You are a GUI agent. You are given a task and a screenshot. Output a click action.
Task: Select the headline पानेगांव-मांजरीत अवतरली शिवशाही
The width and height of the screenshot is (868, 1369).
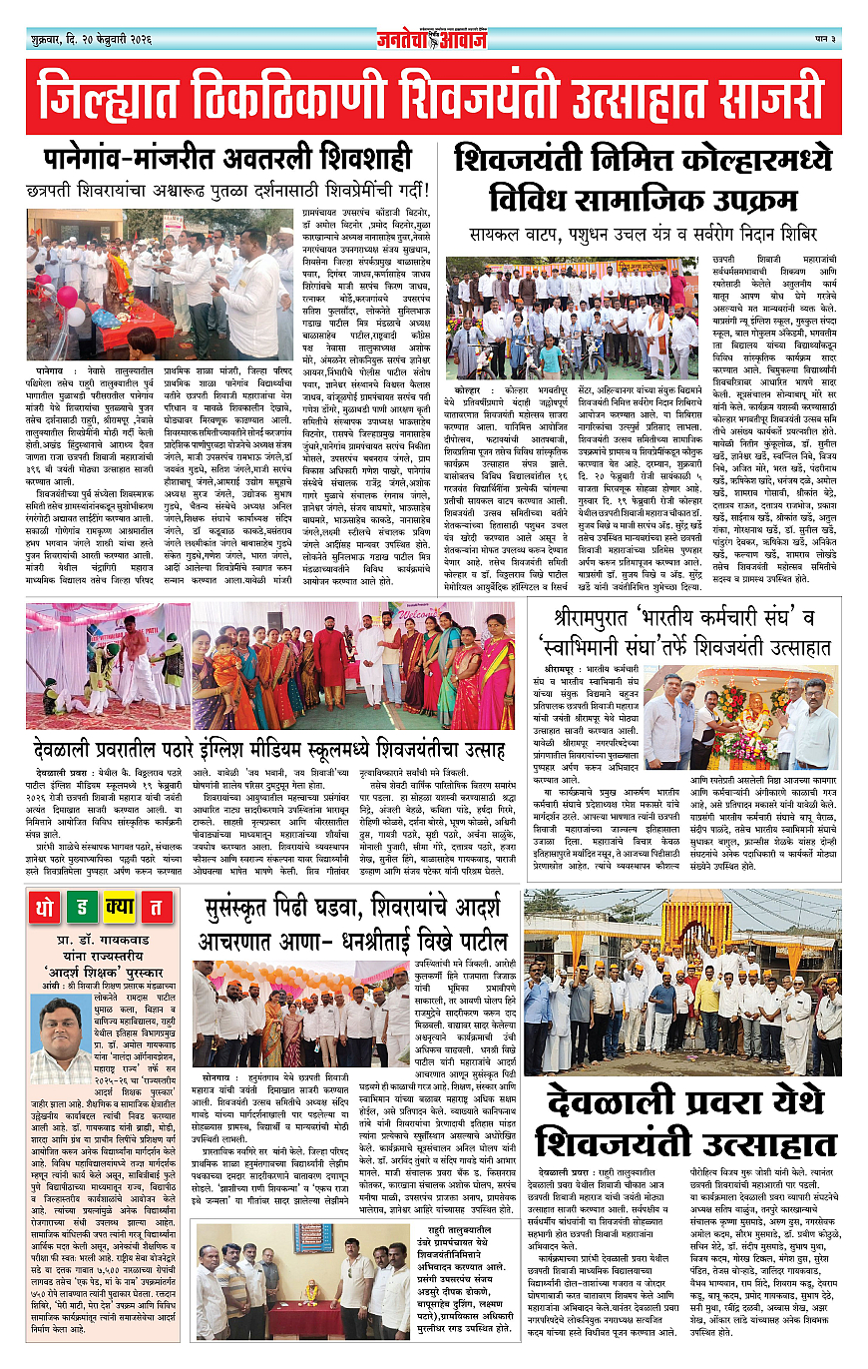click(x=228, y=159)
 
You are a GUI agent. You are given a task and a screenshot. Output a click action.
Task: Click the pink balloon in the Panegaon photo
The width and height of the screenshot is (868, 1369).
click(x=68, y=297)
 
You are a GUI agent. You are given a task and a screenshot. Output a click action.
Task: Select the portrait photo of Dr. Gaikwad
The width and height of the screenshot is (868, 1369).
click(x=58, y=1029)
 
